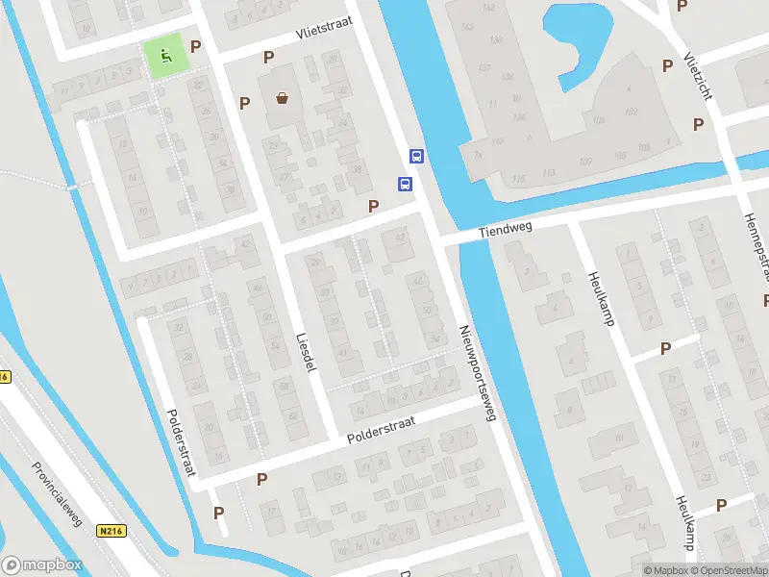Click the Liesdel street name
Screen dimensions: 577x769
305,354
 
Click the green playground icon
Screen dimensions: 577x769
165,57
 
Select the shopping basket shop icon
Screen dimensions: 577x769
283,97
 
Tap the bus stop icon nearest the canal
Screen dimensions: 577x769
417,156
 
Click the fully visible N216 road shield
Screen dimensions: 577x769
112,530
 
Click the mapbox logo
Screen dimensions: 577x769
42,565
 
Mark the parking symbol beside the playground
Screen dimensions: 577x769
196,46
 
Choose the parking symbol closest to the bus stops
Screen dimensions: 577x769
373,205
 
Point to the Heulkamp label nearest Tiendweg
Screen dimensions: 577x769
602,298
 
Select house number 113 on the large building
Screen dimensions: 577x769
548,172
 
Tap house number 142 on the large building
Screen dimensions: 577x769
489,8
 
